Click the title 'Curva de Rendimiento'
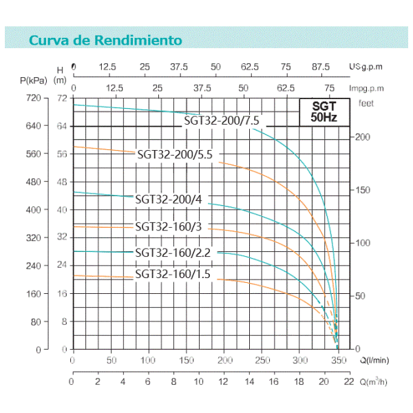(105, 40)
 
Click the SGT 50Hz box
(324, 112)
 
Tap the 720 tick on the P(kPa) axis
(34, 98)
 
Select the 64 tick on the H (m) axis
(62, 127)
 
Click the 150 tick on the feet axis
(363, 190)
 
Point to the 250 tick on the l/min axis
(262, 360)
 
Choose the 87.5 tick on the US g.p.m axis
(321, 67)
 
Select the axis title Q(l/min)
(374, 360)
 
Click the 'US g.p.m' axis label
(366, 67)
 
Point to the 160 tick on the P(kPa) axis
(34, 294)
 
